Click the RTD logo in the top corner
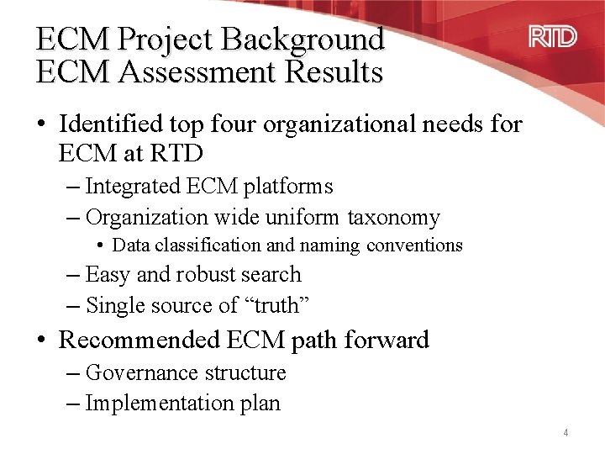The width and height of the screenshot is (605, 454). (x=552, y=36)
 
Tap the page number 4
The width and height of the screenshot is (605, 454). (x=566, y=433)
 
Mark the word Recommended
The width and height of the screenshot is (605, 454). (x=139, y=340)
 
